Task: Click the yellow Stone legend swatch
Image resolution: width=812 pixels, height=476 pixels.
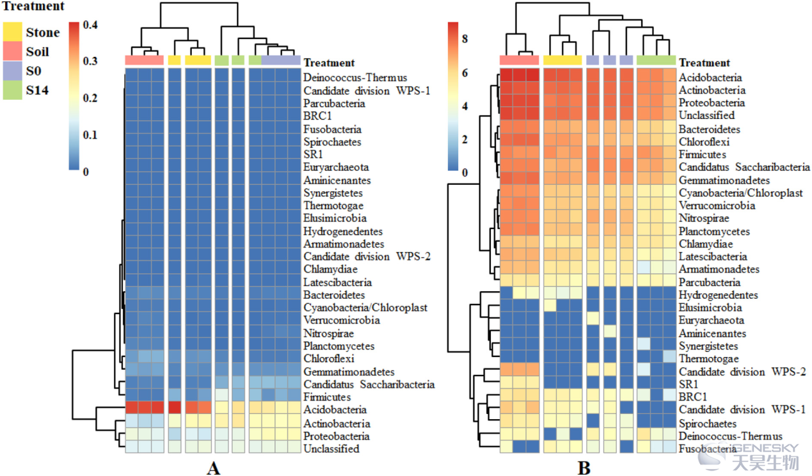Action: coord(13,31)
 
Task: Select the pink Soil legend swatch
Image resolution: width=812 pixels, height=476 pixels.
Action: coord(13,51)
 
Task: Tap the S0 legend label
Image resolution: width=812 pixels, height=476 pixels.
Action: coord(33,70)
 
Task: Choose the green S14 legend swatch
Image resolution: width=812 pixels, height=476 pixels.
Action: coord(13,90)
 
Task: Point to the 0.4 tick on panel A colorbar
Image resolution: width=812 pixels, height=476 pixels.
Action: coord(90,25)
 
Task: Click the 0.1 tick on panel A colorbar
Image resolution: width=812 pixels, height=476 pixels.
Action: coord(90,135)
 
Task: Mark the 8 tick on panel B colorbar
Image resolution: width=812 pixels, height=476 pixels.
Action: coord(465,39)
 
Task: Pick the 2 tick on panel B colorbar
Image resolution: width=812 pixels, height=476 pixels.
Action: coord(465,139)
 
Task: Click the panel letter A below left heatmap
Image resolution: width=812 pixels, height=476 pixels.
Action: coord(214,468)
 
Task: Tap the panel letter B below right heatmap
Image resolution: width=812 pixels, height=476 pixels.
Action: coord(584,468)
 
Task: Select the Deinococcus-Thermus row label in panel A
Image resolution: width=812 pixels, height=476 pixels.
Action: coord(355,77)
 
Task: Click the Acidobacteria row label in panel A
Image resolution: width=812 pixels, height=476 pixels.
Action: coord(335,409)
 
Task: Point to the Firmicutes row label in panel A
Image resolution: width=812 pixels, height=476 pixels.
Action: coord(327,397)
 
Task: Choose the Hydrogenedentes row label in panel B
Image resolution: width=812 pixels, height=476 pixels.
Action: coord(718,295)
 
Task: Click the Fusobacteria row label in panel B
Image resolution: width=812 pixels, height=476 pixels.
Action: coord(708,449)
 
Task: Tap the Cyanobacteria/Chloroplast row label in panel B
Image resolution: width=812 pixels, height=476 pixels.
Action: coord(740,193)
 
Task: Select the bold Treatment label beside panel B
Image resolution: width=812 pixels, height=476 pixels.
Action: coord(705,63)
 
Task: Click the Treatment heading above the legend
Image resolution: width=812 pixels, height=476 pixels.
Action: coord(33,6)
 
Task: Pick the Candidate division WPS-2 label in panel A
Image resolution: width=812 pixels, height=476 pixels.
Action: coord(367,257)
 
